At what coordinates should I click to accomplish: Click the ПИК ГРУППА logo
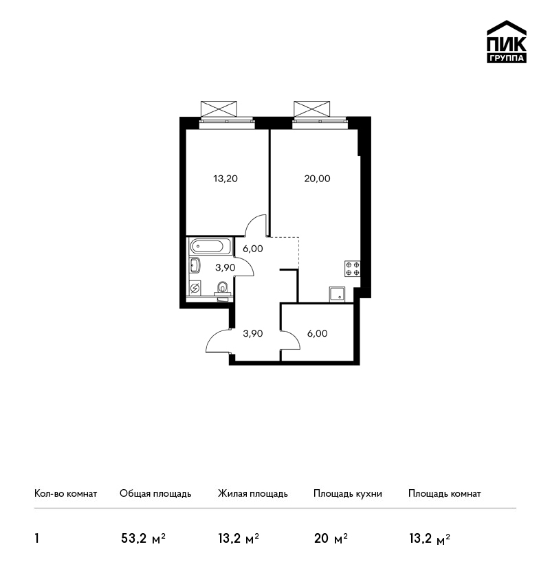(507, 42)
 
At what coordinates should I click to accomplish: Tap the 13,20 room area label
(225, 179)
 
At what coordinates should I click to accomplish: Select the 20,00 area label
(317, 179)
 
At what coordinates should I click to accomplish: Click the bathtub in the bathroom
(206, 247)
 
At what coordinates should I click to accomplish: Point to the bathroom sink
(195, 265)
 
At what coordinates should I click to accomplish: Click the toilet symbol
(223, 289)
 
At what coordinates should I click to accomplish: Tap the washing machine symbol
(195, 288)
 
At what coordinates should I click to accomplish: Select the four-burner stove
(352, 269)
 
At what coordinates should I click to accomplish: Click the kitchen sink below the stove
(338, 295)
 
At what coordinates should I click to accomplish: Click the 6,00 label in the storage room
(317, 334)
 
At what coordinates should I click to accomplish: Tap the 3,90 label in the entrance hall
(252, 334)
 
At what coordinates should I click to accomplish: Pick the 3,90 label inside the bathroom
(225, 267)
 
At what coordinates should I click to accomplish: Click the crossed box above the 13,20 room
(219, 109)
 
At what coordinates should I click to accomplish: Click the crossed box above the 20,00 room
(312, 109)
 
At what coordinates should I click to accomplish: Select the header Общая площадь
(155, 494)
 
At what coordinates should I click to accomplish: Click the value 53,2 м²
(143, 539)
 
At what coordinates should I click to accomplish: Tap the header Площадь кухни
(348, 494)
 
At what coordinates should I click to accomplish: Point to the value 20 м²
(331, 539)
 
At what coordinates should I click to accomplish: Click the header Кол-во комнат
(65, 494)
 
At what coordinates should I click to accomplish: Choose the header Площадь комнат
(445, 494)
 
